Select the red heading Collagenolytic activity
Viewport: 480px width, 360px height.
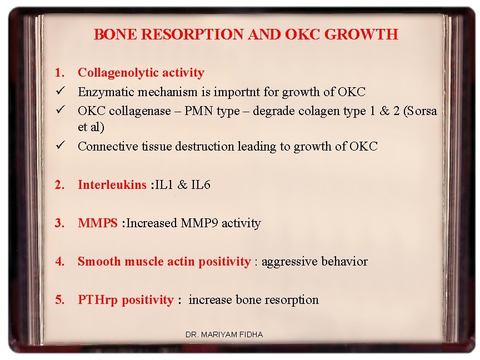tap(141, 72)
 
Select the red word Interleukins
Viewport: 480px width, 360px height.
tap(112, 185)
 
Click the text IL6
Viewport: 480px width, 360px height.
tap(201, 185)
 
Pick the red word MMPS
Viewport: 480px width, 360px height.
tap(98, 223)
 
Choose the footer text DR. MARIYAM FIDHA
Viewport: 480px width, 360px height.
tap(224, 334)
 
